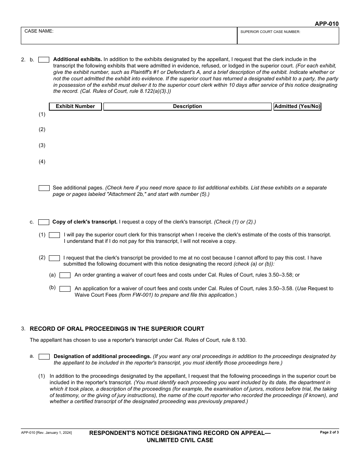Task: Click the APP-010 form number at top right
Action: pyautogui.click(x=327, y=24)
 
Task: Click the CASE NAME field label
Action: pyautogui.click(x=39, y=31)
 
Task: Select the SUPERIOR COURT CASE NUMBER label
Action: pyautogui.click(x=270, y=32)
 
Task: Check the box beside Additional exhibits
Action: pyautogui.click(x=44, y=59)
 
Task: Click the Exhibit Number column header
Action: pyautogui.click(x=75, y=106)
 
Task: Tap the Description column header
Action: pyautogui.click(x=187, y=106)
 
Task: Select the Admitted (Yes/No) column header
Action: pyautogui.click(x=297, y=106)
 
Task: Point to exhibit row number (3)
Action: pyautogui.click(x=42, y=145)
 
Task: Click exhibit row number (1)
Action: pyautogui.click(x=42, y=114)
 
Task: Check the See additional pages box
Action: pyautogui.click(x=44, y=188)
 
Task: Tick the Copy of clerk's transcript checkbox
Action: pyautogui.click(x=44, y=222)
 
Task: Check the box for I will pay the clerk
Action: pyautogui.click(x=55, y=235)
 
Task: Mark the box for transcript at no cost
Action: pyautogui.click(x=55, y=258)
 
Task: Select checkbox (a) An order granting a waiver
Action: pyautogui.click(x=65, y=275)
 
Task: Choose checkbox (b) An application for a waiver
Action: pyautogui.click(x=65, y=289)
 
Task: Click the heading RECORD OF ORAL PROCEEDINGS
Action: pyautogui.click(x=117, y=329)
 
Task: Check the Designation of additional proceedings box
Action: pyautogui.click(x=44, y=357)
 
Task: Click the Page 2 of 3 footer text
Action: pyautogui.click(x=329, y=432)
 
